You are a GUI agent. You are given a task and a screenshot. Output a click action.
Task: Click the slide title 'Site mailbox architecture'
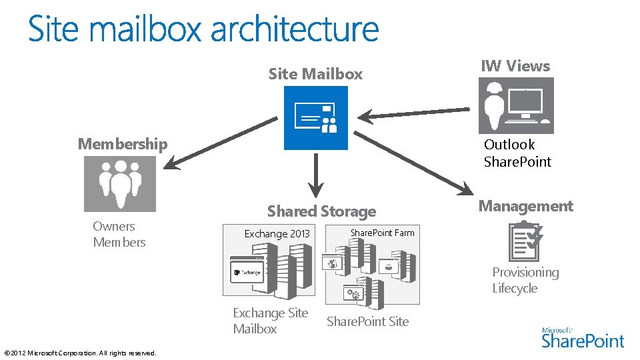click(x=203, y=29)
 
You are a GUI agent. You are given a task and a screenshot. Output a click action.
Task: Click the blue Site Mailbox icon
click(x=315, y=117)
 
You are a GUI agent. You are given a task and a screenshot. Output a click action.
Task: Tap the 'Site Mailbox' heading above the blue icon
click(x=315, y=74)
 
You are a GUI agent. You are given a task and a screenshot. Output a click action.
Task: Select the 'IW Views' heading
click(x=515, y=66)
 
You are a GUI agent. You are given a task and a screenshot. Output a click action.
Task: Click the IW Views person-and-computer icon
click(x=516, y=105)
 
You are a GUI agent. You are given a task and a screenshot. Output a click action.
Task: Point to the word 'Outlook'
click(x=509, y=145)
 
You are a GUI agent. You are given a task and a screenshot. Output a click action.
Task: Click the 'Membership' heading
click(x=123, y=144)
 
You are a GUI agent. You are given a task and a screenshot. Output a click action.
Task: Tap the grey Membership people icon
click(x=120, y=184)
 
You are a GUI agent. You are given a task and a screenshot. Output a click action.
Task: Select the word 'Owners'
click(x=114, y=227)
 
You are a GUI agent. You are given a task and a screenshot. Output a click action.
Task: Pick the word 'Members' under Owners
click(x=119, y=243)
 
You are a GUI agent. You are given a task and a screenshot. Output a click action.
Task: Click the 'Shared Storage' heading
click(x=321, y=211)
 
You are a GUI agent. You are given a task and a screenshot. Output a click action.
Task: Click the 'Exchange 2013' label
click(x=277, y=234)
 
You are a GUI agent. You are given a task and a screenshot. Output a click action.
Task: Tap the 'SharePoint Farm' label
click(x=382, y=233)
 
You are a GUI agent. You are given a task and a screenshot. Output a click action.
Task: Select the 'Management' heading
click(x=525, y=206)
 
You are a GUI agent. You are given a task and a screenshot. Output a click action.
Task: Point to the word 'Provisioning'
click(x=525, y=273)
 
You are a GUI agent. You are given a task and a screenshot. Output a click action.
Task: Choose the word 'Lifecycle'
click(x=515, y=289)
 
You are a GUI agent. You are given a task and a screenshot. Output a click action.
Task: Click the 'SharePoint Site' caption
click(x=367, y=321)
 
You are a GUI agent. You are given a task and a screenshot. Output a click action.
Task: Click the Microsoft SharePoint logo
click(x=583, y=337)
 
